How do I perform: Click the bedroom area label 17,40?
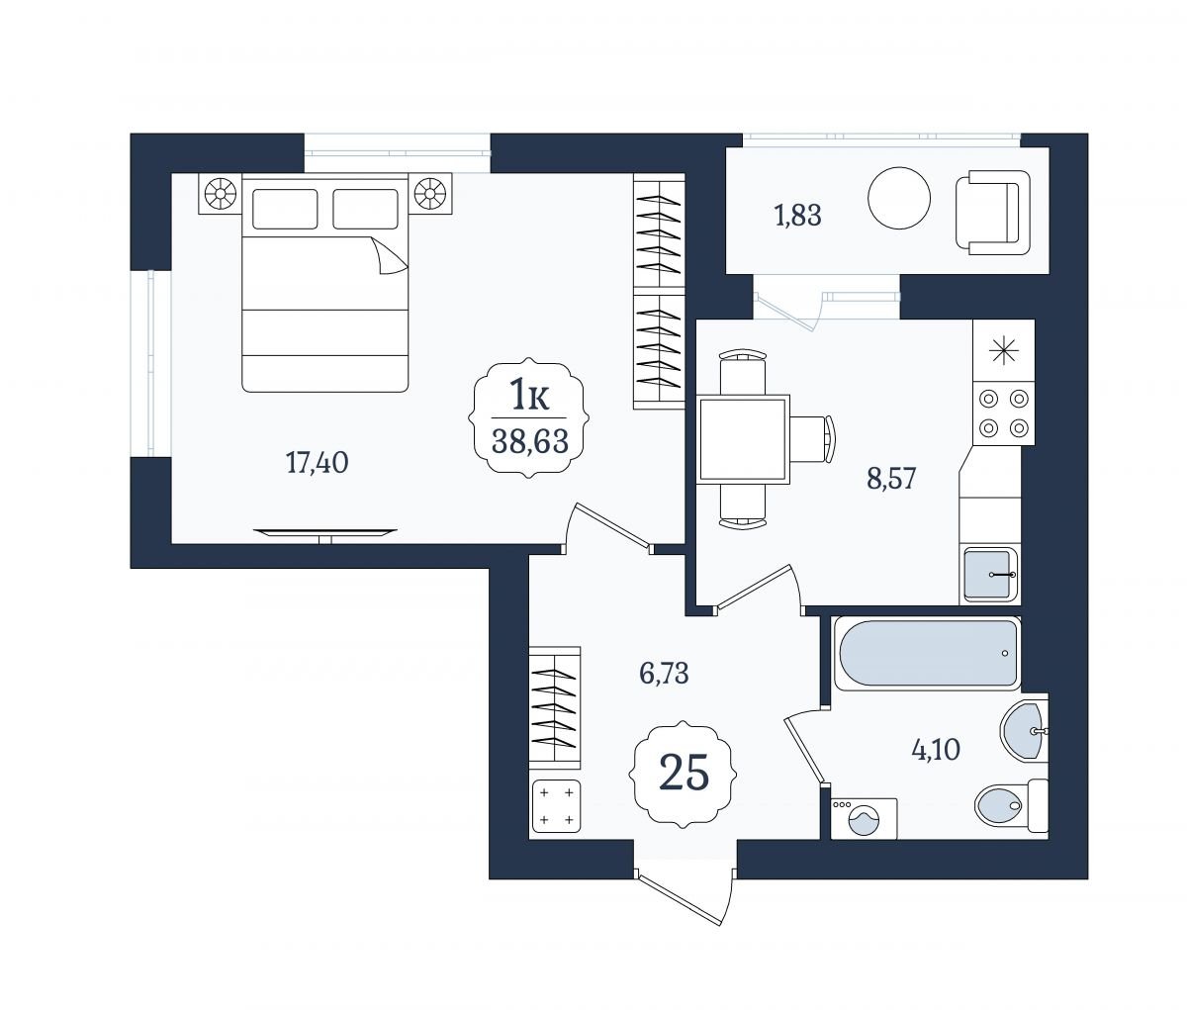(317, 463)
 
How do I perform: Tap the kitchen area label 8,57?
(891, 478)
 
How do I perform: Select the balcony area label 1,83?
(797, 216)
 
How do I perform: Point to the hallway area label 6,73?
(664, 673)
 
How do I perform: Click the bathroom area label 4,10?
(936, 749)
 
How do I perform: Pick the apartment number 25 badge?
(684, 774)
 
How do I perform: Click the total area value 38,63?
(530, 441)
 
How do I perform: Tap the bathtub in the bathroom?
(927, 654)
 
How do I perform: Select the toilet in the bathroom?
(1011, 805)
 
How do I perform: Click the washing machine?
(864, 818)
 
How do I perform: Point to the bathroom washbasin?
(1025, 731)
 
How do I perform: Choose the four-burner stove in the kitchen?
(1003, 413)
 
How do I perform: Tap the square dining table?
(743, 439)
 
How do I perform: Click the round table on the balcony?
(899, 198)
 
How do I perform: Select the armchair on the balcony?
(992, 213)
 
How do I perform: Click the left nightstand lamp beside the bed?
(221, 193)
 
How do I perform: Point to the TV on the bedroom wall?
(325, 534)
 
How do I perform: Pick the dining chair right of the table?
(812, 439)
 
